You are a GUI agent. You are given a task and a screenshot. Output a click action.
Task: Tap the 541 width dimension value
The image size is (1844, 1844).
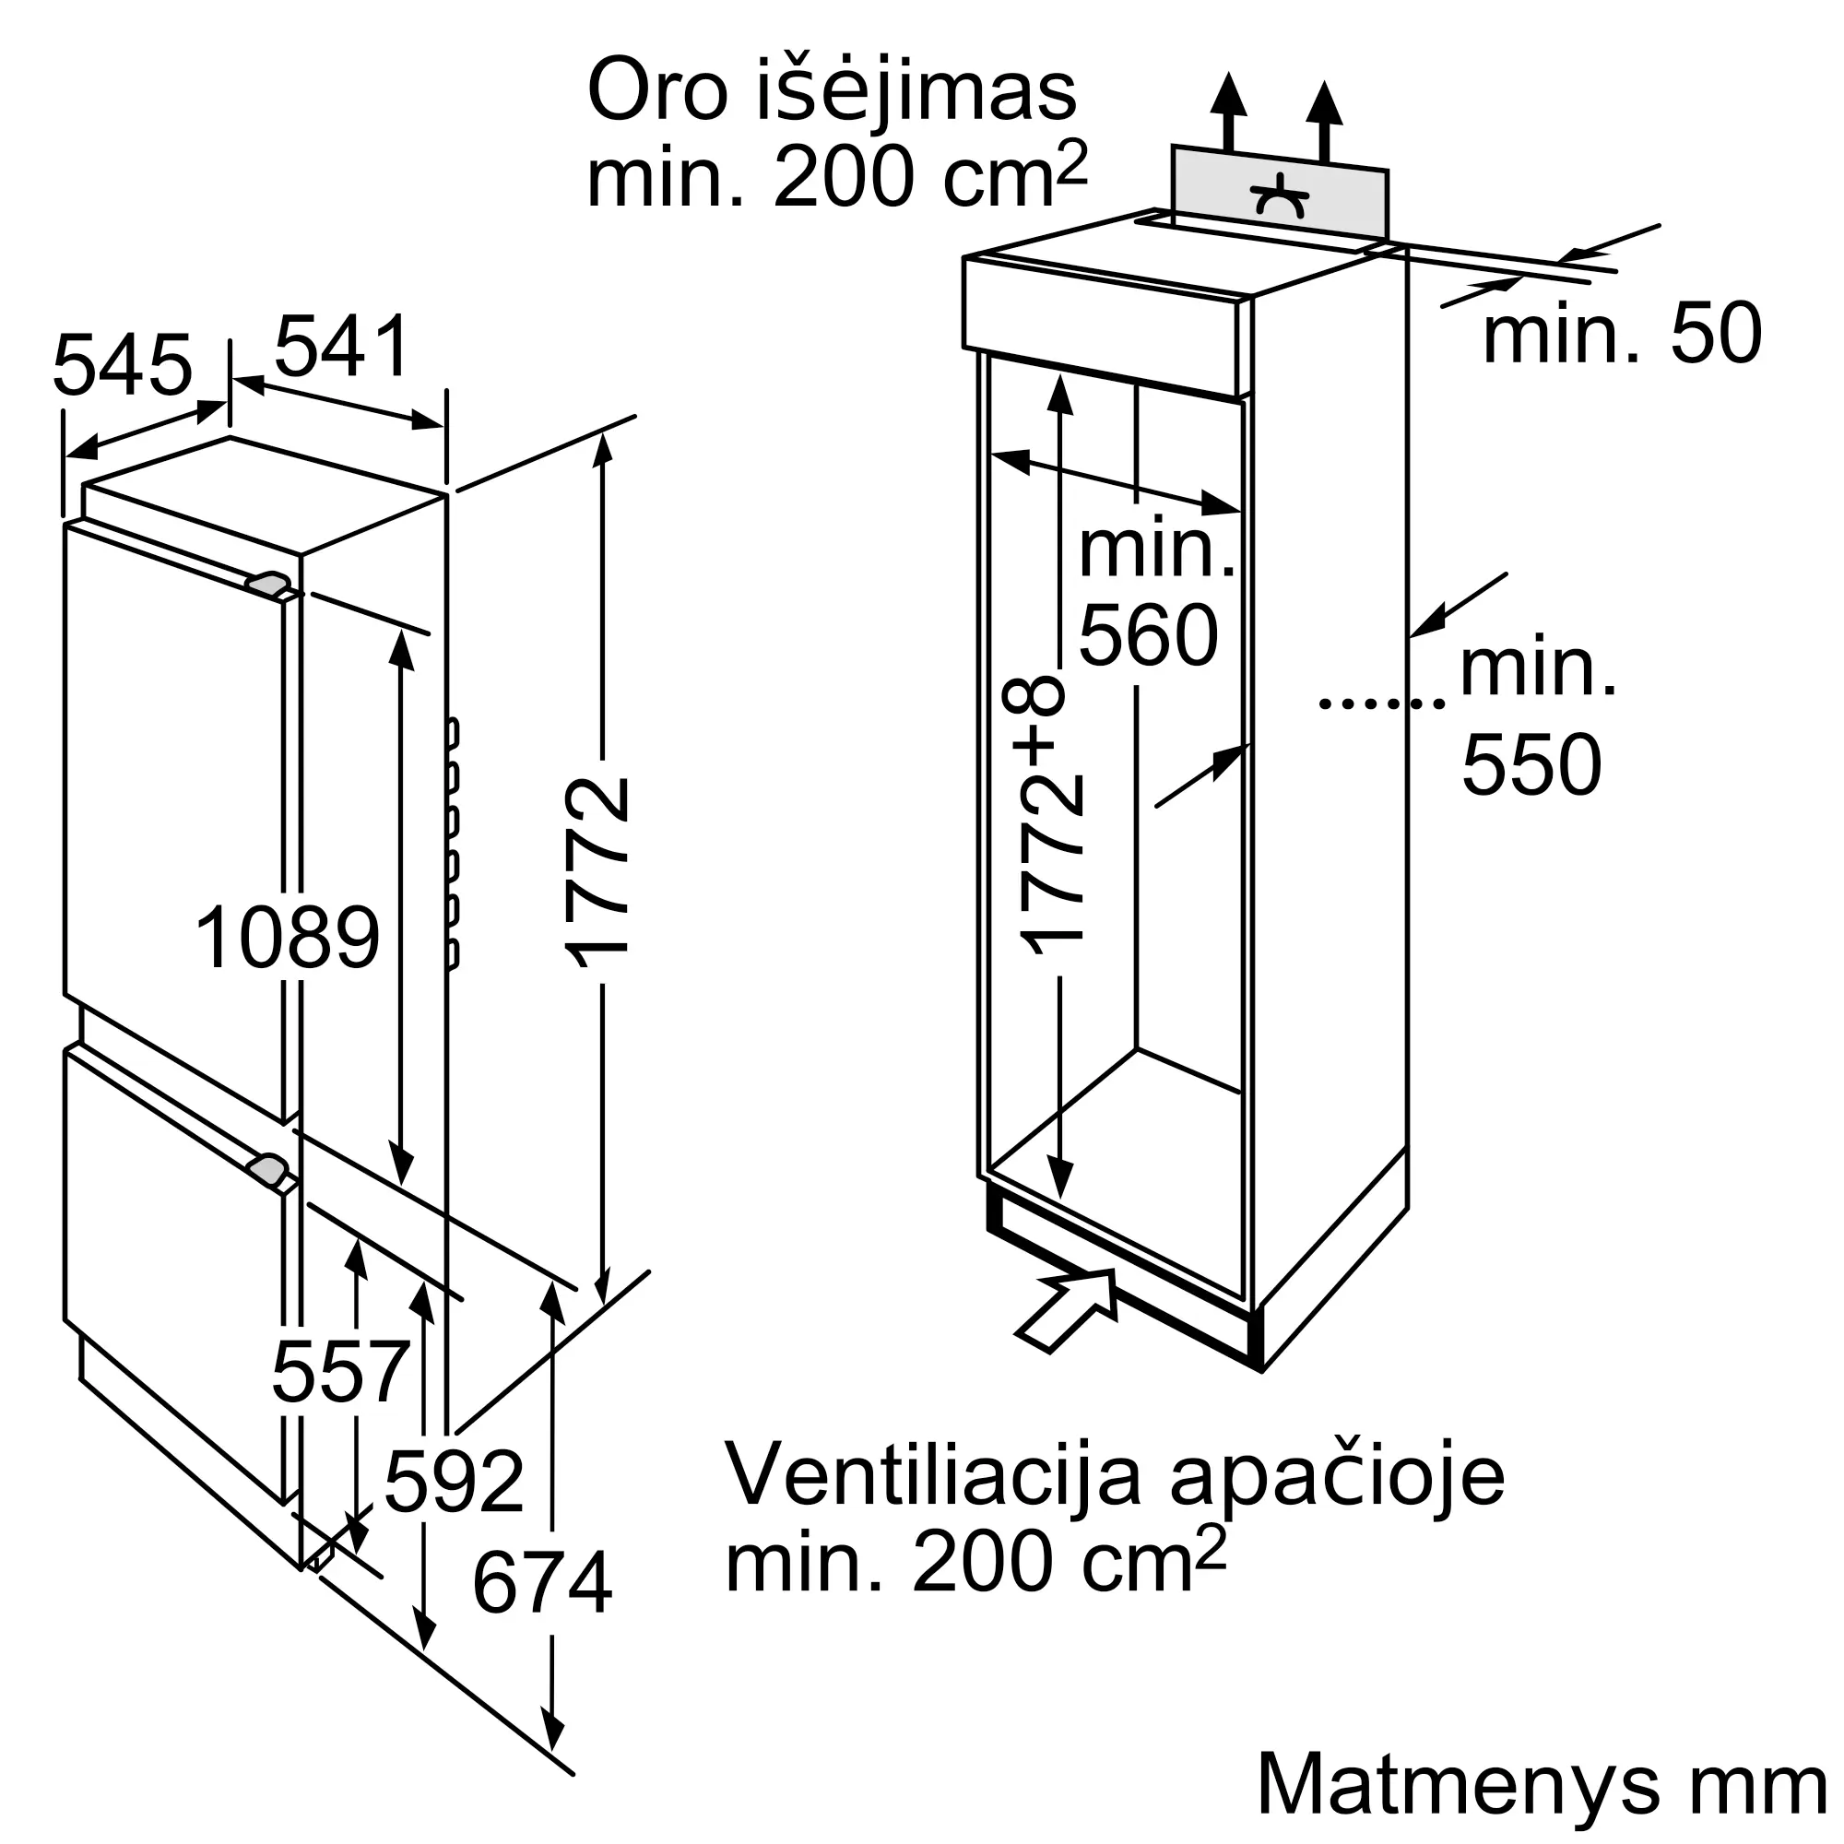pos(342,347)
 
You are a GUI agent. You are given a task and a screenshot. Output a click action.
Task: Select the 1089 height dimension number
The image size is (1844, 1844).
pos(288,939)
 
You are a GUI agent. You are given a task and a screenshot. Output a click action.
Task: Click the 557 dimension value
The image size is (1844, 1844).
pos(341,1372)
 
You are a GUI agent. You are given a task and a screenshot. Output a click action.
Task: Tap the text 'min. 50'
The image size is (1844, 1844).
pos(1622,334)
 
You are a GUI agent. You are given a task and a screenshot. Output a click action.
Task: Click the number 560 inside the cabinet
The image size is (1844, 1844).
pos(1148,634)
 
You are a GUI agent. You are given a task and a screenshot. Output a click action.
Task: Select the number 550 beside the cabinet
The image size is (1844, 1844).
pos(1531,764)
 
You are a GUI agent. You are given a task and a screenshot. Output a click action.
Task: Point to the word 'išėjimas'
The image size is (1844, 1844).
pos(916,92)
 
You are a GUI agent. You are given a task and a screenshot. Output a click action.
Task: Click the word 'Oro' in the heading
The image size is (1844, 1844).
pos(657,92)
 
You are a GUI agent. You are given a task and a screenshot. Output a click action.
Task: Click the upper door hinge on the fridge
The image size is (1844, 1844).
pos(269,584)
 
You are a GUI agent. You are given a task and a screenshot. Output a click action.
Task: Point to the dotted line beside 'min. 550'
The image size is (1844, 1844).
pos(1381,703)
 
